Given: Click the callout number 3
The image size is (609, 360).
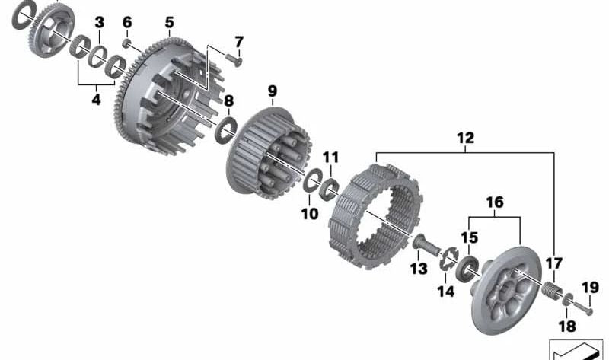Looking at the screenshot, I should click(x=99, y=23).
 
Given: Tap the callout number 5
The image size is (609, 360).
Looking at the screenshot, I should click(x=169, y=23).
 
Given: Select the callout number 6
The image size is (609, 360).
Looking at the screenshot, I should click(x=127, y=23).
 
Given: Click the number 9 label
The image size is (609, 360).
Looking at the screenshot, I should click(x=272, y=92).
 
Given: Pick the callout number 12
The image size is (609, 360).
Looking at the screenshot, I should click(x=465, y=139).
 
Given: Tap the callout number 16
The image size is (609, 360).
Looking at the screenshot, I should click(x=495, y=202).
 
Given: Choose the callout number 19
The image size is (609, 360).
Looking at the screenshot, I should click(x=591, y=287).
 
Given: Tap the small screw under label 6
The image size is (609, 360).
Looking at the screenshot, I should click(x=127, y=43).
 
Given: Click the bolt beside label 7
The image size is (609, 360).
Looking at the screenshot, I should click(x=233, y=59).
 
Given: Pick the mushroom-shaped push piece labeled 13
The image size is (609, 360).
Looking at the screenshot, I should click(x=426, y=246).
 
